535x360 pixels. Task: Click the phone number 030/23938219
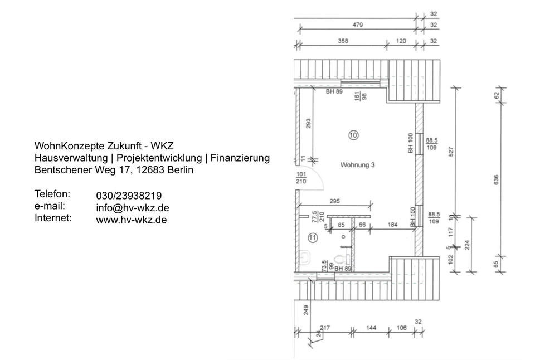[129, 196]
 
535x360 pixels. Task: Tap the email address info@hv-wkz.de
[133, 208]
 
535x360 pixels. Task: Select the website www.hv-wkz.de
[132, 220]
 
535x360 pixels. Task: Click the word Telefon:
[52, 194]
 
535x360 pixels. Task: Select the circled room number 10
[353, 134]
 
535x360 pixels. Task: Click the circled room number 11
[313, 238]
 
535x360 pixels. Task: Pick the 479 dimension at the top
[357, 24]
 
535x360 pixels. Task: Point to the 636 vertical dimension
[497, 179]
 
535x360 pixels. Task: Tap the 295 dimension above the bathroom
[334, 201]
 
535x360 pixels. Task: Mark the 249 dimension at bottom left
[306, 310]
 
